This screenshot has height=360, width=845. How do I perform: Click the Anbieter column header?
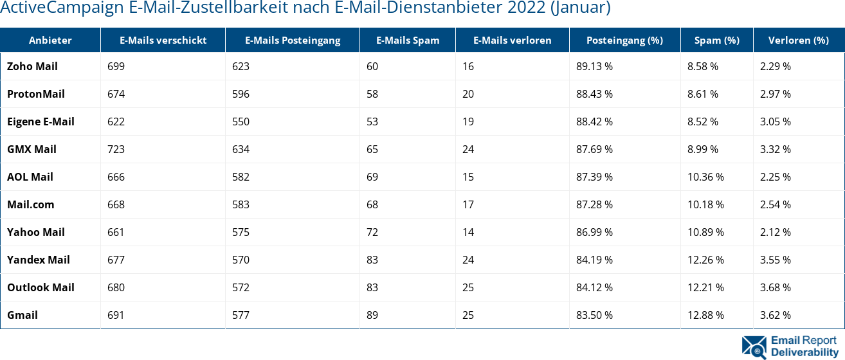[x=50, y=40]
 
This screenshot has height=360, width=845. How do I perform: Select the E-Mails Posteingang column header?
[x=292, y=40]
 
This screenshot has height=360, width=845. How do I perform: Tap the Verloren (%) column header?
[x=798, y=40]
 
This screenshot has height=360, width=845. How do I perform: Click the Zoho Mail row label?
[x=32, y=66]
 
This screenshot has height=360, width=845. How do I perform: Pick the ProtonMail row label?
[x=36, y=94]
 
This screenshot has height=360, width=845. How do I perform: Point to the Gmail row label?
[x=23, y=315]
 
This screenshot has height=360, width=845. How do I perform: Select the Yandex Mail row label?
[x=39, y=260]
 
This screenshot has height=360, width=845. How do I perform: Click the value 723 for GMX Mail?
[x=116, y=149]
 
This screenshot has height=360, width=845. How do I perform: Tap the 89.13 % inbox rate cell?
[x=594, y=66]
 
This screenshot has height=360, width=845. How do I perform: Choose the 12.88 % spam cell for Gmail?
[x=705, y=315]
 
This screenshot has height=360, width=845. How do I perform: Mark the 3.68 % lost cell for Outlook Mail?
[x=775, y=287]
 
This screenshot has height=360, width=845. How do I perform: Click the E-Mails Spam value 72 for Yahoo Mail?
[x=372, y=232]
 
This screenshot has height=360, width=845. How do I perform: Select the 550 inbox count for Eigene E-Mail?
[x=241, y=122]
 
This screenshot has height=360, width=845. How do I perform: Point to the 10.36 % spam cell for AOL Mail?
[x=705, y=177]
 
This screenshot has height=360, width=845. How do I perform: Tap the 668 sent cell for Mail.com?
[x=116, y=204]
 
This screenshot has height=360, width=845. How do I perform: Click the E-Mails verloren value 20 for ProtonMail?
[x=468, y=94]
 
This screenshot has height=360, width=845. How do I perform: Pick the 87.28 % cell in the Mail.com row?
[x=594, y=204]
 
